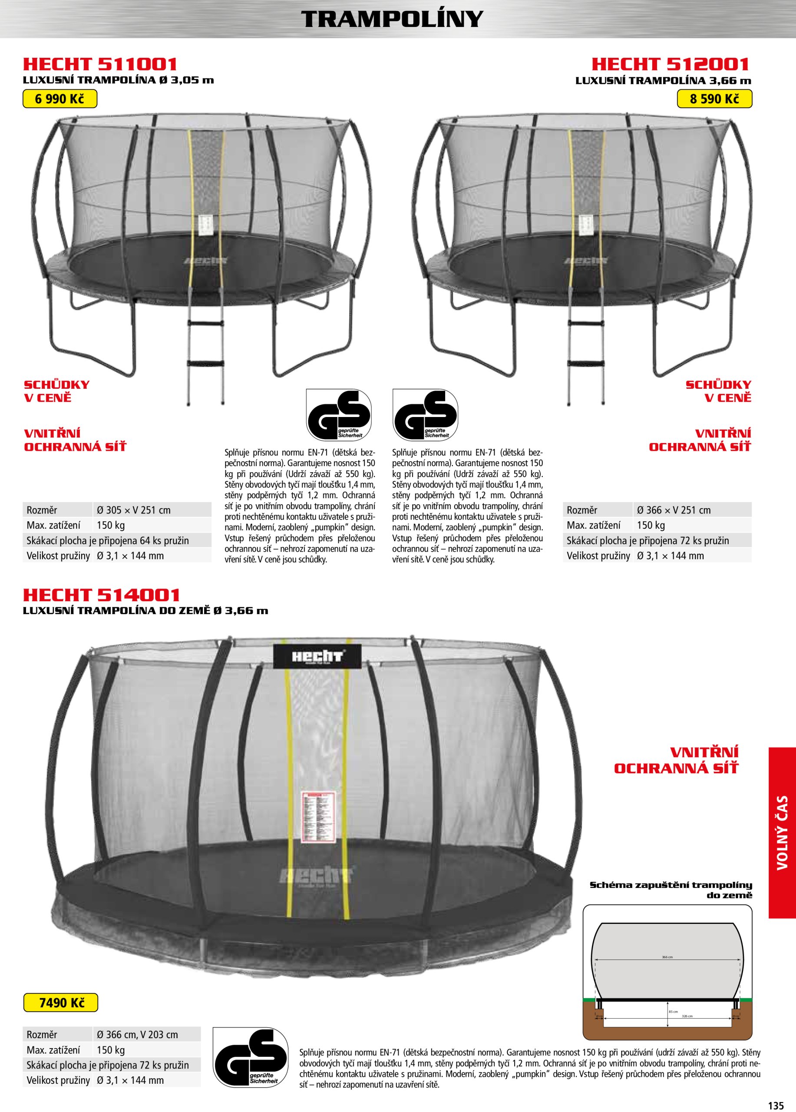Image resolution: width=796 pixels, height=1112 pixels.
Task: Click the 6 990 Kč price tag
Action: [x=60, y=99]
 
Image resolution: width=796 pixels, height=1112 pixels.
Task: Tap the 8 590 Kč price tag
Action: [x=714, y=99]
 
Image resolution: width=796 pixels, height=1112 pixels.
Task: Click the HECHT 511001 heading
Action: [x=100, y=64]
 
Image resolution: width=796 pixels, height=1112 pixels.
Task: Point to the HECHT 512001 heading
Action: [x=670, y=64]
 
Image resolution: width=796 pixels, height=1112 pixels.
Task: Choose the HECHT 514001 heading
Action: [x=102, y=595]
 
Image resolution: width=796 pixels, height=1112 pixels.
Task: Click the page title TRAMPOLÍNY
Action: [x=392, y=19]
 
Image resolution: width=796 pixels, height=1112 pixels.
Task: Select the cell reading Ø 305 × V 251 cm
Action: [x=133, y=510]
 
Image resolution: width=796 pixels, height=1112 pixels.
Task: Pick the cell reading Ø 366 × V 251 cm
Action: [x=674, y=510]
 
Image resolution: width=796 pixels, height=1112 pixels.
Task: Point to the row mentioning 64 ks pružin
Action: [x=108, y=540]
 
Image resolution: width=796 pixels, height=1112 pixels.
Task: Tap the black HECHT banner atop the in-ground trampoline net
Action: [x=317, y=656]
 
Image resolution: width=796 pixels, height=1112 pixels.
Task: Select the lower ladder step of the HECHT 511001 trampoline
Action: [x=205, y=363]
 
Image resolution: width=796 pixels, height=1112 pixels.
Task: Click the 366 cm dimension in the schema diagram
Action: [x=667, y=957]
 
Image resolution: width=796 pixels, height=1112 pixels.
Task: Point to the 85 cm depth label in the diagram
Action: [x=673, y=1012]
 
